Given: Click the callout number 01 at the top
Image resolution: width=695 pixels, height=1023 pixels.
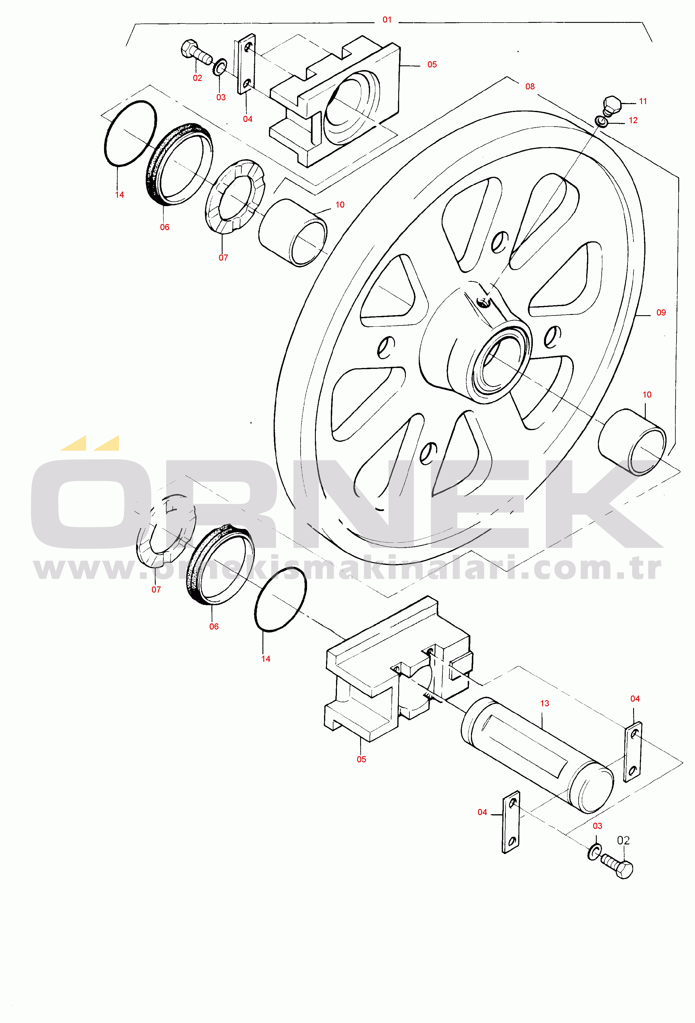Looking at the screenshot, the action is (x=387, y=20).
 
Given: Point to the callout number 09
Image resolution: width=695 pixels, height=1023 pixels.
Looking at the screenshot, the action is (x=661, y=313).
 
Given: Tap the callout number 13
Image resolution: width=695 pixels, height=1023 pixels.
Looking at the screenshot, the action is (x=545, y=703).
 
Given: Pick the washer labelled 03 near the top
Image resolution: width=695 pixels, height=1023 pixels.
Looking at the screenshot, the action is (x=220, y=67).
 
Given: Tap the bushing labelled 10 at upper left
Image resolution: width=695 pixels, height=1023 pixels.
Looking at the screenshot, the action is (x=293, y=233).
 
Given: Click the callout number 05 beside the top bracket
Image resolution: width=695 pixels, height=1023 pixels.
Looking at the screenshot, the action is (x=432, y=65).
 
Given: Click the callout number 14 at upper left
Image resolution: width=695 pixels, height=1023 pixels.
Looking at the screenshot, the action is (x=119, y=195).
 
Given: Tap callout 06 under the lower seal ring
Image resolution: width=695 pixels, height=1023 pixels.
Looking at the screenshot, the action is (x=214, y=626).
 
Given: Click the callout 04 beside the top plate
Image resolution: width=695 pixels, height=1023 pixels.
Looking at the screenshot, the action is (x=248, y=119).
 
